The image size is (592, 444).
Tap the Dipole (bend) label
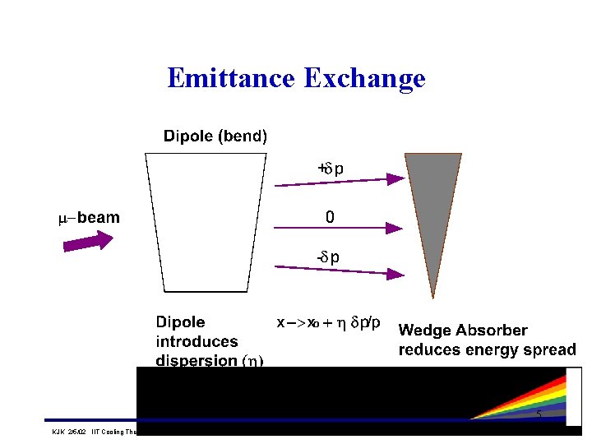pyautogui.click(x=215, y=136)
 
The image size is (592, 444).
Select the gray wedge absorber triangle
pyautogui.click(x=432, y=197)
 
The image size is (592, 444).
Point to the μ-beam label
pyautogui.click(x=90, y=218)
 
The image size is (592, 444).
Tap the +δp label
pyautogui.click(x=331, y=169)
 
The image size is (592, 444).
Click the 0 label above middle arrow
pyautogui.click(x=330, y=218)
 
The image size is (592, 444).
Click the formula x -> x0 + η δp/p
pyautogui.click(x=328, y=323)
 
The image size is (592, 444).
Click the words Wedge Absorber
pyautogui.click(x=463, y=331)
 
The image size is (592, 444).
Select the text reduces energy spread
pyautogui.click(x=487, y=350)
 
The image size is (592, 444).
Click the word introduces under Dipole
pyautogui.click(x=197, y=341)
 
